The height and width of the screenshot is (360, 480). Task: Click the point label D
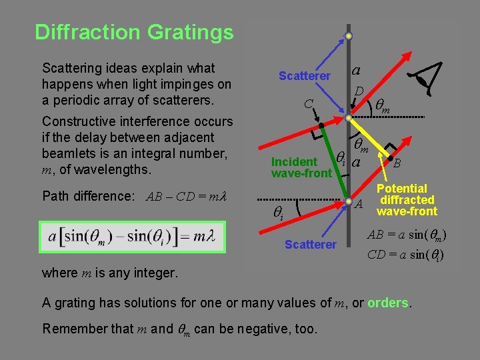359,91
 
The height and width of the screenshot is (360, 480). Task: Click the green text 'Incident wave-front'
301,167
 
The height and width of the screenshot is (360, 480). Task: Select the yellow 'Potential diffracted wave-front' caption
407,200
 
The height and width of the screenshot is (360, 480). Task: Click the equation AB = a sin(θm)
406,235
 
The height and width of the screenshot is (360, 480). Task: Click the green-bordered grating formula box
133,237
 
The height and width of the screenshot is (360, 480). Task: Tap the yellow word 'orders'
387,302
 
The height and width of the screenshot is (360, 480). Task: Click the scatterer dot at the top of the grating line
348,37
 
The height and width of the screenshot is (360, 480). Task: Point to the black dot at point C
321,124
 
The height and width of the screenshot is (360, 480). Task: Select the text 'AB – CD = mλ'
186,197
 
